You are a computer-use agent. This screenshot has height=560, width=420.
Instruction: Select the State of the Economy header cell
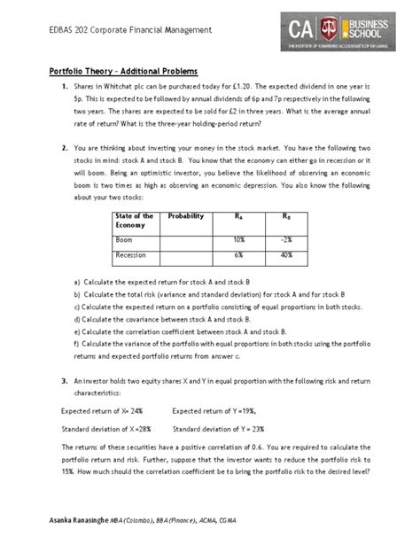tap(135, 221)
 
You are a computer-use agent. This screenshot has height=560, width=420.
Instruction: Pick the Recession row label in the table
tap(131, 255)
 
